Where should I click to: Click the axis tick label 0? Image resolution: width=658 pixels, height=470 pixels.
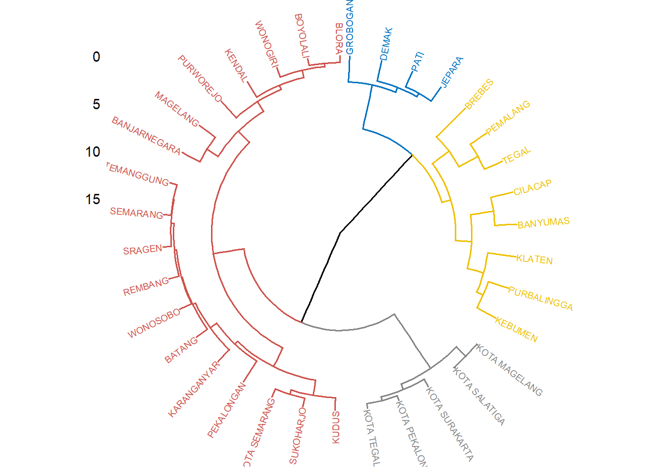(x=96, y=57)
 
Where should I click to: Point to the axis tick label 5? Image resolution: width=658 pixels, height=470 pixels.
(x=96, y=104)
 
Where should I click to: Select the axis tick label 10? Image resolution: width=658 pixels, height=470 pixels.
(x=93, y=152)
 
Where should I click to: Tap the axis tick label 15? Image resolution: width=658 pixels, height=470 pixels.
(x=93, y=200)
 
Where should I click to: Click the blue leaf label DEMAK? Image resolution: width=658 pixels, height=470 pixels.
(x=386, y=44)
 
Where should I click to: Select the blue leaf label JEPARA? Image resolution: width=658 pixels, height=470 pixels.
(x=452, y=72)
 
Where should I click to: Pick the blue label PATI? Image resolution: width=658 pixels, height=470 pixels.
(x=418, y=62)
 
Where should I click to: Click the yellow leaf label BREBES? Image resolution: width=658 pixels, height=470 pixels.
(x=479, y=94)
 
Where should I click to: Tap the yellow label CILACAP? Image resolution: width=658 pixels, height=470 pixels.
(x=532, y=188)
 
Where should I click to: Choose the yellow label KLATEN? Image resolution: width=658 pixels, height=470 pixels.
(x=534, y=259)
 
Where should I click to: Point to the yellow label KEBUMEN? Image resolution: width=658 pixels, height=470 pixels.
(x=516, y=329)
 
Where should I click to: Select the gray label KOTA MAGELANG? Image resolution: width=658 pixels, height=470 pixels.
(x=509, y=370)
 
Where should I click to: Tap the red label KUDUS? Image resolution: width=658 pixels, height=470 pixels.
(x=336, y=427)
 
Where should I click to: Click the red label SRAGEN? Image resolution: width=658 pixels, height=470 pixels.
(x=142, y=250)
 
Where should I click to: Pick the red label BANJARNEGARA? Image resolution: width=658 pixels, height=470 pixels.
(x=146, y=135)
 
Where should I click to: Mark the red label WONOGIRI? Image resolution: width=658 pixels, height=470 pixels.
(x=266, y=44)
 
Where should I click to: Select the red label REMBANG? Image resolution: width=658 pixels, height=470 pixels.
(x=146, y=287)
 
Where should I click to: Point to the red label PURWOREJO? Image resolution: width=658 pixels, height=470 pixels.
(x=200, y=78)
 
